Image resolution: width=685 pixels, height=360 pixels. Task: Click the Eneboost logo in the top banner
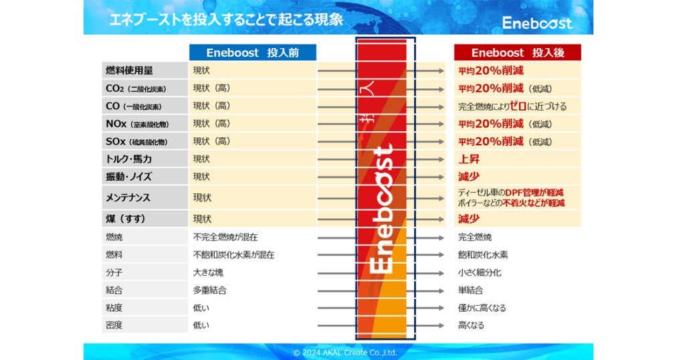[x=537, y=23]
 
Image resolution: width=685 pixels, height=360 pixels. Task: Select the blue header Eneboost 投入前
[x=252, y=53]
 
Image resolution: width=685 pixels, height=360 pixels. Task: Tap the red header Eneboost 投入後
[x=517, y=53]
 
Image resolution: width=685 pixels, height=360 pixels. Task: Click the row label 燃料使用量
[x=129, y=70]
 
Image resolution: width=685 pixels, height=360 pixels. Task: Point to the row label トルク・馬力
[x=128, y=159]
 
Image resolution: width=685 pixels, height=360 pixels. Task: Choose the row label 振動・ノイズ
[x=128, y=177]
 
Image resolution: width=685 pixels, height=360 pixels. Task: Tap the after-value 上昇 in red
[x=469, y=159]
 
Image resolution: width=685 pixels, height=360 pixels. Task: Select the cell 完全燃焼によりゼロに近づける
[x=512, y=106]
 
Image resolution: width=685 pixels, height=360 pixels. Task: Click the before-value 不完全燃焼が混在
[x=225, y=237]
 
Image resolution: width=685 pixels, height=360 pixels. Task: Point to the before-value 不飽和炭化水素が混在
[x=233, y=255]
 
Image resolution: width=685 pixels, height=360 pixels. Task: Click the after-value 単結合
[x=470, y=290]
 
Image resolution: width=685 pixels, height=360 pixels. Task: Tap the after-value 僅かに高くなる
[x=482, y=308]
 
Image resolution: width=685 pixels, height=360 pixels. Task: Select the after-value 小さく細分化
[x=480, y=273]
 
